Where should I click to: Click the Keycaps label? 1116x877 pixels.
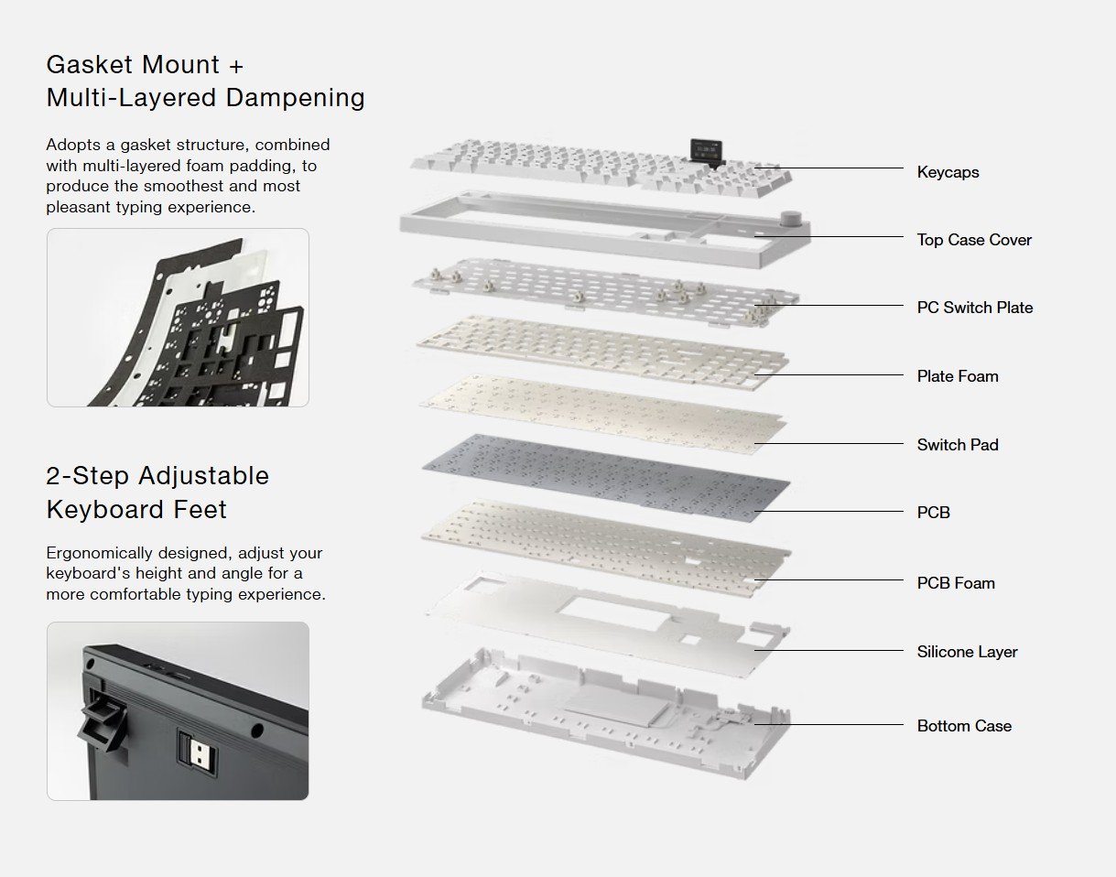pyautogui.click(x=948, y=172)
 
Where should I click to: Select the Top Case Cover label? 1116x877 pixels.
pyautogui.click(x=974, y=240)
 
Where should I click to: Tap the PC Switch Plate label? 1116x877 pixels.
pyautogui.click(x=975, y=308)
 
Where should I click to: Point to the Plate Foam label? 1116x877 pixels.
pyautogui.click(x=958, y=376)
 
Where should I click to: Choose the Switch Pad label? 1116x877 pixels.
pyautogui.click(x=958, y=445)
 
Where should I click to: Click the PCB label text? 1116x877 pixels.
pyautogui.click(x=934, y=513)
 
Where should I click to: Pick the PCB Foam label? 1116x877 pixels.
pyautogui.click(x=956, y=583)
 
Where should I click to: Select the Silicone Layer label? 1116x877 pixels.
pyautogui.click(x=967, y=652)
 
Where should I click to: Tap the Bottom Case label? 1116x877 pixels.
pyautogui.click(x=964, y=726)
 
